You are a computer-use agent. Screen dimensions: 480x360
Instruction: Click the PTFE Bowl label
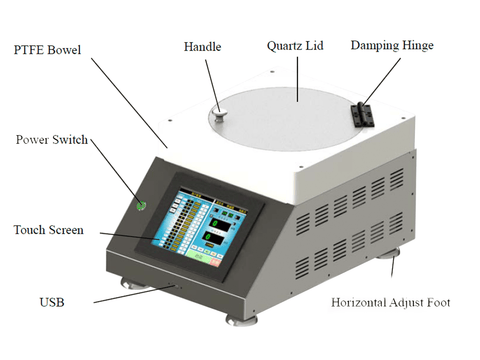(47, 50)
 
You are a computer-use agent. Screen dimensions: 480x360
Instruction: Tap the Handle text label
(202, 47)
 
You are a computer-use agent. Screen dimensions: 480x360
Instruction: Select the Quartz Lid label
(295, 46)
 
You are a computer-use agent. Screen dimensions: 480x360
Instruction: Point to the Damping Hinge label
(392, 46)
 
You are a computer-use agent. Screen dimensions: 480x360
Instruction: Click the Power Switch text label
(52, 139)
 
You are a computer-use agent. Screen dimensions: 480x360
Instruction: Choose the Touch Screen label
(49, 230)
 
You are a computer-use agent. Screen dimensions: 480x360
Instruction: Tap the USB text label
(52, 302)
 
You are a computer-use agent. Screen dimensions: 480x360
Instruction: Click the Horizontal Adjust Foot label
(391, 302)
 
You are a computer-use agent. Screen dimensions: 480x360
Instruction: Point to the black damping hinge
(362, 115)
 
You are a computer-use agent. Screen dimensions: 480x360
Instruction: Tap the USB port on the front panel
(172, 285)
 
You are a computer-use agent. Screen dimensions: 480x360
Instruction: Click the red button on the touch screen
(215, 262)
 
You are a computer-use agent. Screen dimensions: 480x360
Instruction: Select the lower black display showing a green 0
(215, 238)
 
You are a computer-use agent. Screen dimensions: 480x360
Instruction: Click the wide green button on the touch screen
(198, 257)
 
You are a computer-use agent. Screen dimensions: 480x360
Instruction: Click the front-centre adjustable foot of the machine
(241, 320)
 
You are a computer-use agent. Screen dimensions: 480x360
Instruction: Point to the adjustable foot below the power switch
(133, 283)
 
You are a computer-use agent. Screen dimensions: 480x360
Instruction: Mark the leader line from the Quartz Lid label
(297, 79)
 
